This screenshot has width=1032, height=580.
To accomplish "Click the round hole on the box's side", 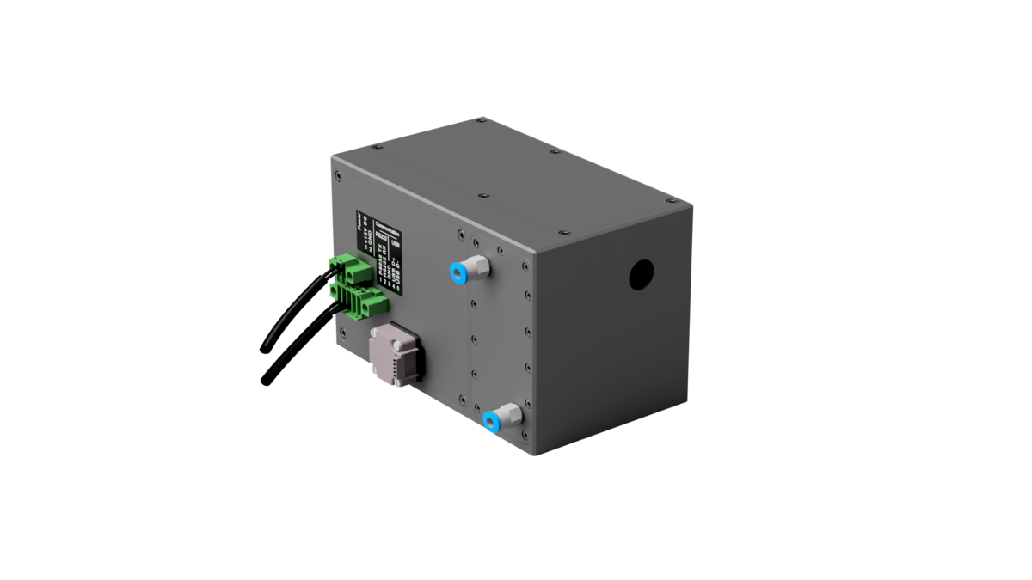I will [x=641, y=274].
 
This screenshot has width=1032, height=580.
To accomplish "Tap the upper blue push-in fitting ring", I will [x=455, y=273].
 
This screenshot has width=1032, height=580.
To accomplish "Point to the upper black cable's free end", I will [x=261, y=350].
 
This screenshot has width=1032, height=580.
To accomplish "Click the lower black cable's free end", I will [x=261, y=382].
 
